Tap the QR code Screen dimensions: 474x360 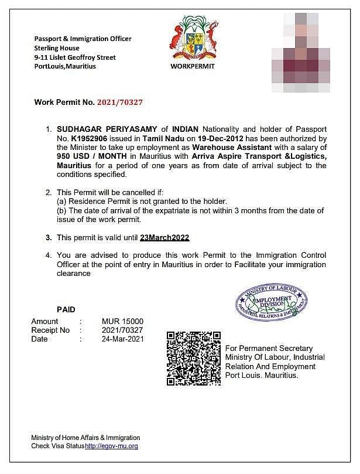click(x=193, y=358)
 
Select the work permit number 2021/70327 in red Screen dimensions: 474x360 click(x=120, y=102)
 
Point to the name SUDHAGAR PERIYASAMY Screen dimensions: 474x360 click(x=107, y=129)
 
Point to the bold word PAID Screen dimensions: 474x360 click(x=66, y=309)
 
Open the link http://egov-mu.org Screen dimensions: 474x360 click(x=111, y=446)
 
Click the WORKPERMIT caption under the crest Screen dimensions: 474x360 click(x=193, y=66)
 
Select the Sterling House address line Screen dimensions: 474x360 click(x=57, y=48)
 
